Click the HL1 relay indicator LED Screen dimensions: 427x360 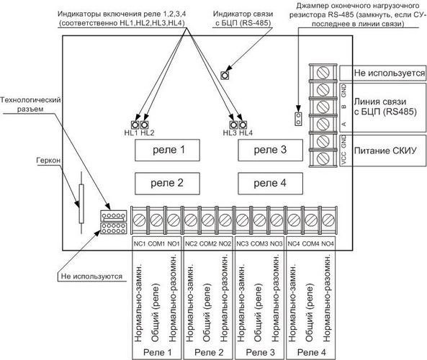135,125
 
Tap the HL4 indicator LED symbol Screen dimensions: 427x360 243,125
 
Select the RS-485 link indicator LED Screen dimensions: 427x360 225,75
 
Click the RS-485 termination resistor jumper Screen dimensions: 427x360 298,119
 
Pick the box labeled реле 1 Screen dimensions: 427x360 167,150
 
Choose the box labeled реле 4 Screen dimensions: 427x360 271,184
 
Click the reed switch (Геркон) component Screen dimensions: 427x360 81,202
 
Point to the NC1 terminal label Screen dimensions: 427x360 140,243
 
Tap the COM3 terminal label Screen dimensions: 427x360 259,243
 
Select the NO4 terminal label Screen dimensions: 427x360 328,243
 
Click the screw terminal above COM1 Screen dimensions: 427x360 156,220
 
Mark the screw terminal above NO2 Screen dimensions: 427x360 225,220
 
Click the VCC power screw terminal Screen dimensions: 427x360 323,158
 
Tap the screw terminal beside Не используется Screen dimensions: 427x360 323,73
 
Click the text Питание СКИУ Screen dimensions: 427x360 385,150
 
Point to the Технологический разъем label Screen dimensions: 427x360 30,104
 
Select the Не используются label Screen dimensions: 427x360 91,276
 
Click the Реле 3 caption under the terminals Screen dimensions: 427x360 261,352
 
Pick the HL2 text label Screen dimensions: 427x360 148,133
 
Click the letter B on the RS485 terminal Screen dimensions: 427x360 344,107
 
